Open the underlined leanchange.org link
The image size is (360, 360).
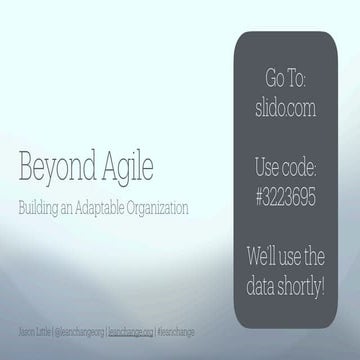coord(131,329)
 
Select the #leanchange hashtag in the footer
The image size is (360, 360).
coord(174,329)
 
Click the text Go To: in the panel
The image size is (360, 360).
coord(287,78)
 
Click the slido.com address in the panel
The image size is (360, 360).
coord(287,100)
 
